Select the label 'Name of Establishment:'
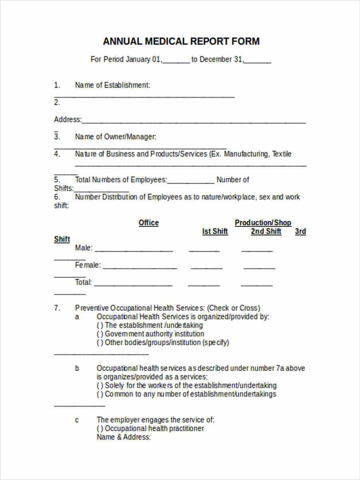click(x=112, y=85)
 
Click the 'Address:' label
click(x=68, y=119)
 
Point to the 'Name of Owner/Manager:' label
click(x=115, y=137)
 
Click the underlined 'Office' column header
click(x=148, y=223)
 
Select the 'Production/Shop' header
click(x=263, y=223)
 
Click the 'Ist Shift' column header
click(x=215, y=231)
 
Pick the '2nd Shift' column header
click(x=266, y=231)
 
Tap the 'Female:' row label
click(x=88, y=265)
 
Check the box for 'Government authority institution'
click(x=100, y=334)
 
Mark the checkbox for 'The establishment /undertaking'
click(x=100, y=325)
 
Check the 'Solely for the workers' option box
click(x=100, y=386)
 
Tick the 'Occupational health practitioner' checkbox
click(x=100, y=428)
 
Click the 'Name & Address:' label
click(x=124, y=437)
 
